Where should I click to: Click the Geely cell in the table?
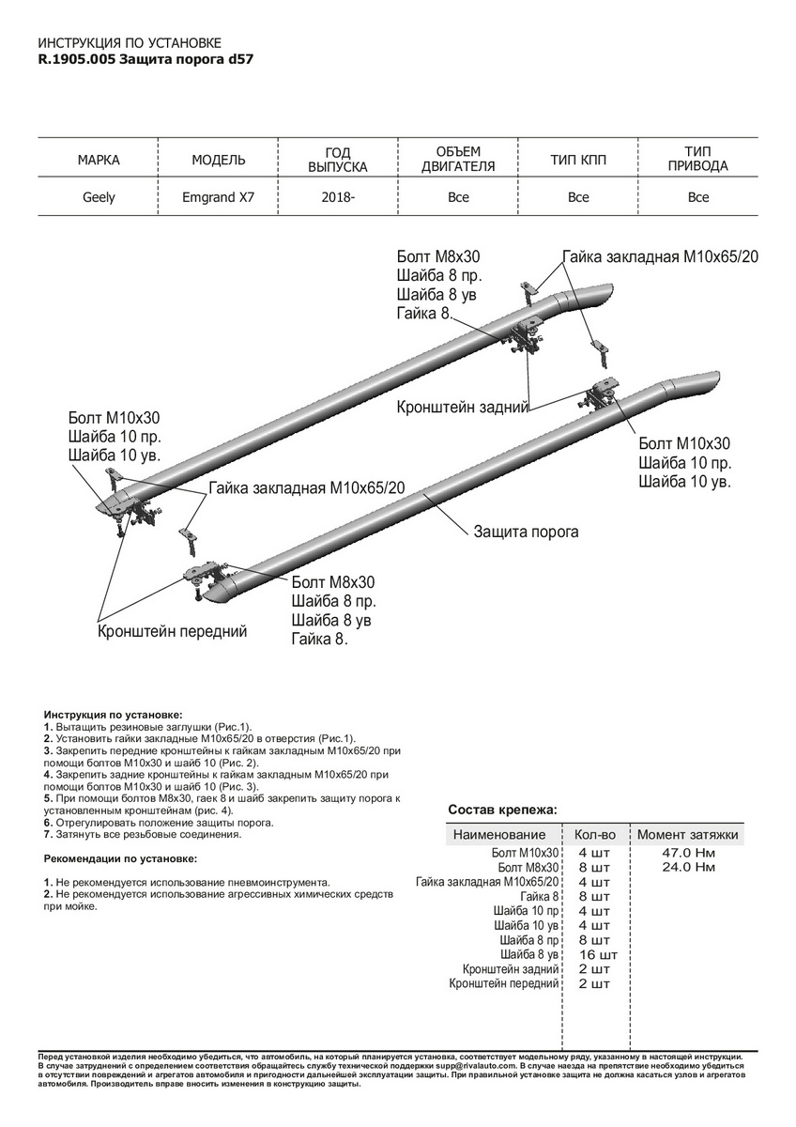[x=99, y=197]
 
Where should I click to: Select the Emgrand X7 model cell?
[x=218, y=197]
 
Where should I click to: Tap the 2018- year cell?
[x=338, y=197]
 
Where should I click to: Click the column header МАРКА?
[x=99, y=161]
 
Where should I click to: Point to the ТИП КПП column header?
[x=578, y=161]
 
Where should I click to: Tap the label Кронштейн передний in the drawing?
[x=173, y=631]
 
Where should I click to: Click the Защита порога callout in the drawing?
[x=527, y=532]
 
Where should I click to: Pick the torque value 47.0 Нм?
[x=688, y=852]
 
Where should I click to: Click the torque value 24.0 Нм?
[x=688, y=867]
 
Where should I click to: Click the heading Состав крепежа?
[x=502, y=809]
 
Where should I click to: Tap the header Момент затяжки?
[x=688, y=834]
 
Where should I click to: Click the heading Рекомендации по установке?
[x=120, y=858]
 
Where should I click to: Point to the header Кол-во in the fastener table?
[x=594, y=834]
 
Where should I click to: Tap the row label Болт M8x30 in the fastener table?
[x=528, y=867]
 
